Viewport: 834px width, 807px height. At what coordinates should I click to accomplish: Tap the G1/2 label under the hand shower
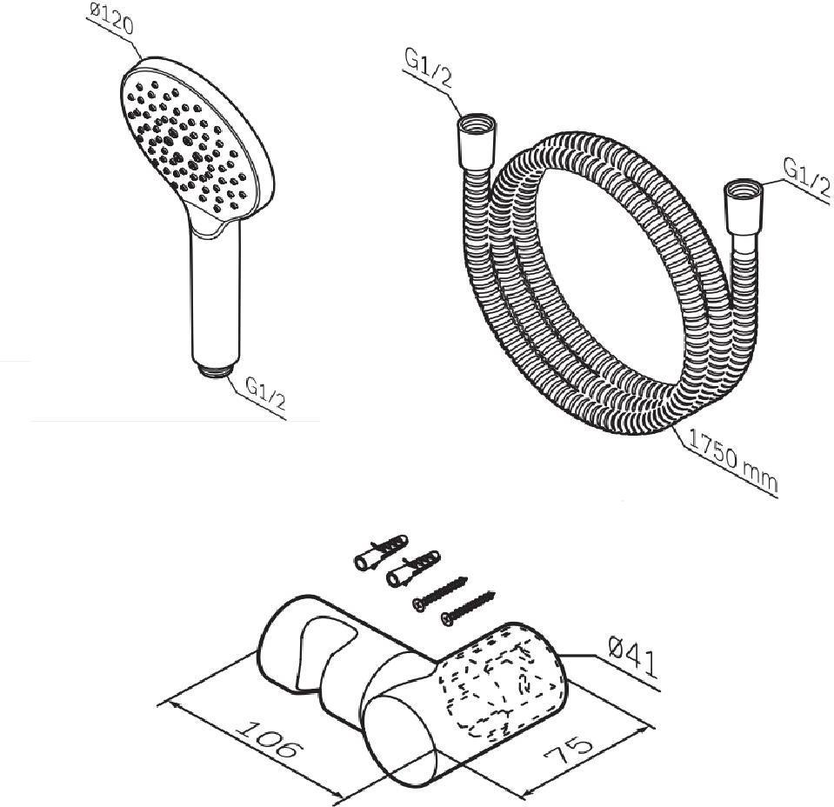[266, 394]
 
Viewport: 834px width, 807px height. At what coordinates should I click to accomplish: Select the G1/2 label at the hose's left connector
[429, 70]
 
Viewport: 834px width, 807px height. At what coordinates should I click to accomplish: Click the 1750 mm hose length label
[733, 461]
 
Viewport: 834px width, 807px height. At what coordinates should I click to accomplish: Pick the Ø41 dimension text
[633, 658]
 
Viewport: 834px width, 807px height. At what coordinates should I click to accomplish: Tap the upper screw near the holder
[440, 594]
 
